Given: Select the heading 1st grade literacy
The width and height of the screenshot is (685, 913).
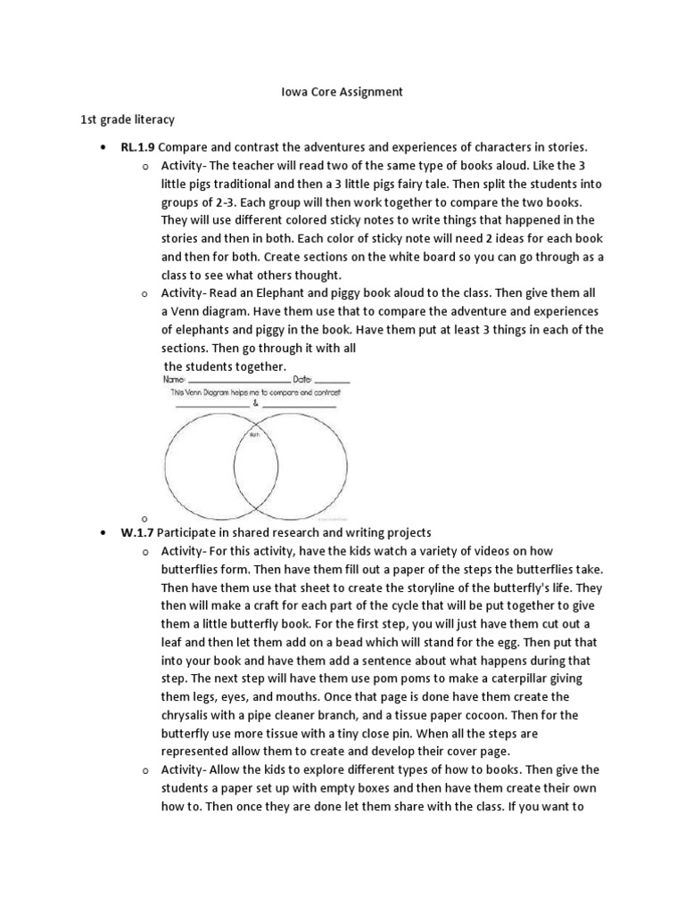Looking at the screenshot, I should tap(127, 119).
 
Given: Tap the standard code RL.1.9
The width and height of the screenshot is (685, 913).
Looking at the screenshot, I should tap(137, 146).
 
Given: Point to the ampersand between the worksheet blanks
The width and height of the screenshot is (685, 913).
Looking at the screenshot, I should tap(256, 403).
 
